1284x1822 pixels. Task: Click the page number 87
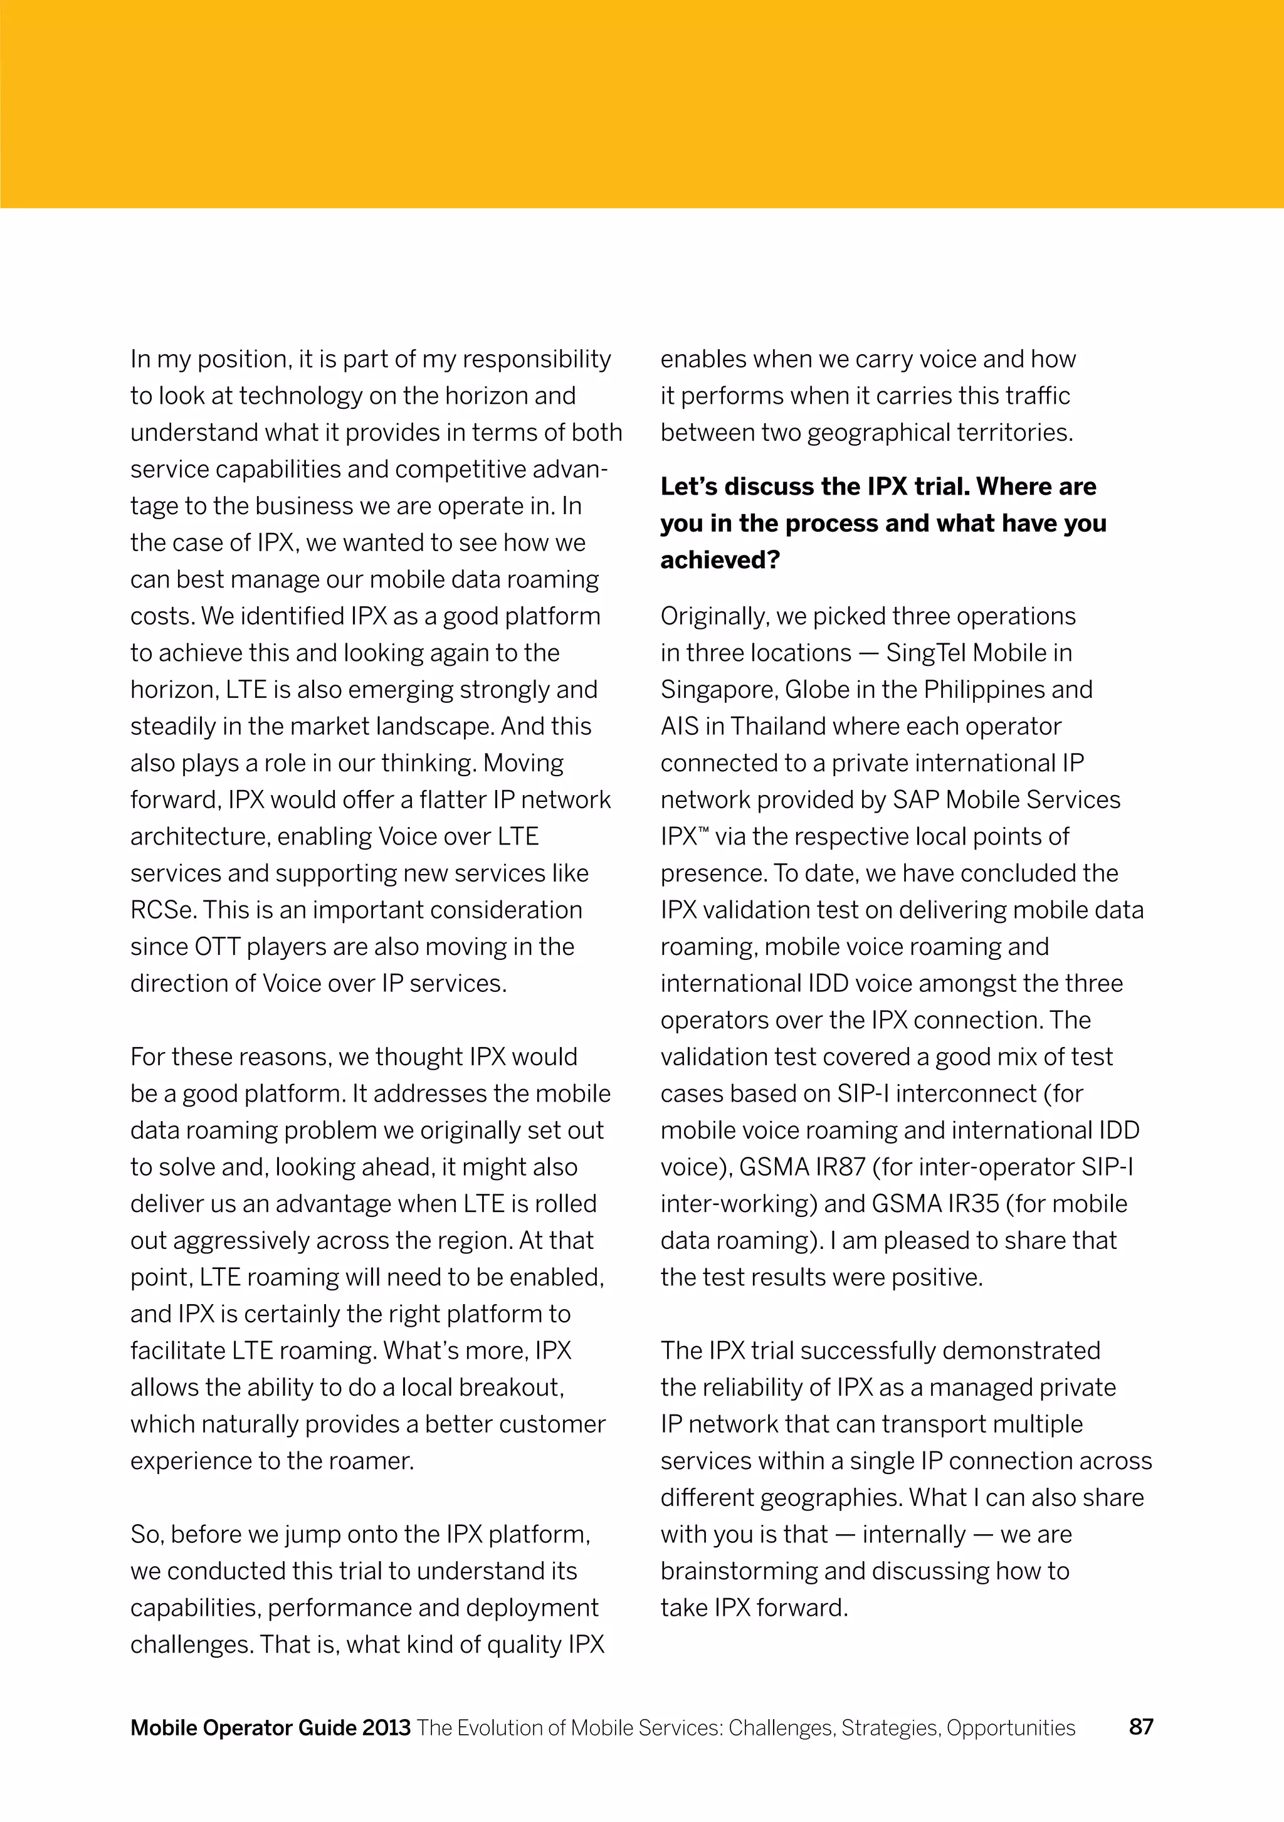pyautogui.click(x=1140, y=1727)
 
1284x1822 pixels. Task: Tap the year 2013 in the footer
pyautogui.click(x=386, y=1727)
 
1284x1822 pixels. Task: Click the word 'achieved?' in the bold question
pyautogui.click(x=720, y=561)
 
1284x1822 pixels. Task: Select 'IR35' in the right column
pyautogui.click(x=973, y=1204)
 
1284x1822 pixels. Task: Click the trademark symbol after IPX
pyautogui.click(x=703, y=831)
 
